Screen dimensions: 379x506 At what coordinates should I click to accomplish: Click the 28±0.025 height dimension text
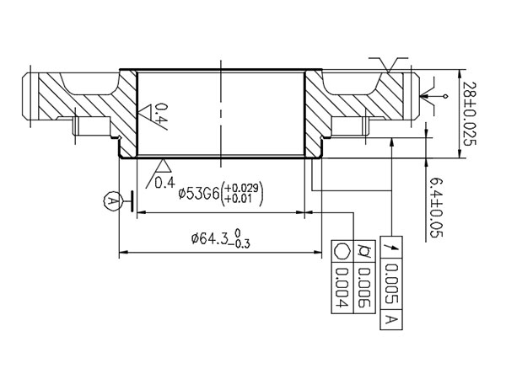[x=473, y=114]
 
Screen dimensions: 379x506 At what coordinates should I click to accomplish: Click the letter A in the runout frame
[x=390, y=320]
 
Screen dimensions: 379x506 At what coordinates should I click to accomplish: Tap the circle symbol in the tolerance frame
[x=342, y=252]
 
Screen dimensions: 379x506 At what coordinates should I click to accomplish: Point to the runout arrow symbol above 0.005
[x=390, y=246]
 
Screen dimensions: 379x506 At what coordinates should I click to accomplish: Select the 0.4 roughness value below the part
[x=165, y=181]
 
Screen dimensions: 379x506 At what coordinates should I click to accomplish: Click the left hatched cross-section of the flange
[x=84, y=97]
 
